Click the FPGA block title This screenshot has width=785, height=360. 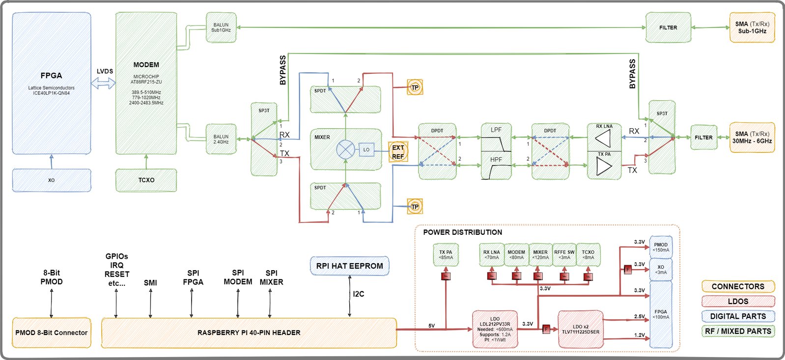(x=51, y=76)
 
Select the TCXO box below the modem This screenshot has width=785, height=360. (x=146, y=180)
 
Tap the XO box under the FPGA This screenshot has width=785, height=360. (x=51, y=180)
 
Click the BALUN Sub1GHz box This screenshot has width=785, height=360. (x=221, y=28)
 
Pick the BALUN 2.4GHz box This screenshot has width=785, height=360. (x=221, y=139)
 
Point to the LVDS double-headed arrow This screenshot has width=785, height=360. (x=103, y=84)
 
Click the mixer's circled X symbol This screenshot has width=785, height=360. (x=345, y=149)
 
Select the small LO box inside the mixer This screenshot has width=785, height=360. (x=366, y=149)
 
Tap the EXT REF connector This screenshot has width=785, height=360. (x=398, y=152)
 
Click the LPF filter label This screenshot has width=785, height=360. (x=496, y=130)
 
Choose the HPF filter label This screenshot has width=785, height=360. (x=496, y=159)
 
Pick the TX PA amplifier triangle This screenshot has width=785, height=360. (x=604, y=166)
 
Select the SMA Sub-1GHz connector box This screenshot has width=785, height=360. (x=752, y=28)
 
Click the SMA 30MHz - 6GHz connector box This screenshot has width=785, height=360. (x=752, y=138)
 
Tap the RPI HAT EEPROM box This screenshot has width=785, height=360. (x=349, y=266)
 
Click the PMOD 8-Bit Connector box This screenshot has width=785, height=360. (x=51, y=332)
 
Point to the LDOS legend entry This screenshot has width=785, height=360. (x=738, y=301)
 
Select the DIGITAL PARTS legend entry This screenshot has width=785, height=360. (x=738, y=316)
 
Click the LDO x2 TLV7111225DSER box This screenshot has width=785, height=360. (x=580, y=329)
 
